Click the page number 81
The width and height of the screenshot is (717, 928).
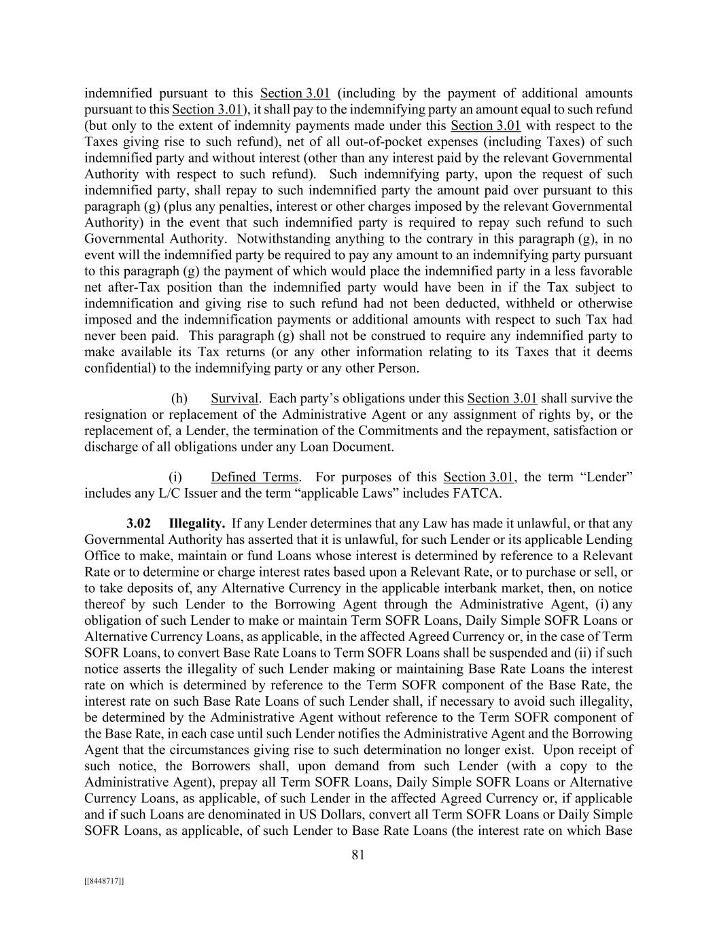point(358,855)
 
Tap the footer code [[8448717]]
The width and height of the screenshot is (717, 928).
point(104,881)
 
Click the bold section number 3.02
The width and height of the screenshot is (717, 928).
point(139,523)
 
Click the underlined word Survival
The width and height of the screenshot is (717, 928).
point(234,398)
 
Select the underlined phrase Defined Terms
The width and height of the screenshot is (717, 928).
point(255,477)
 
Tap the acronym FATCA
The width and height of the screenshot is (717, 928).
point(478,493)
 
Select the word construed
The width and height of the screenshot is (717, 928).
point(379,336)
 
